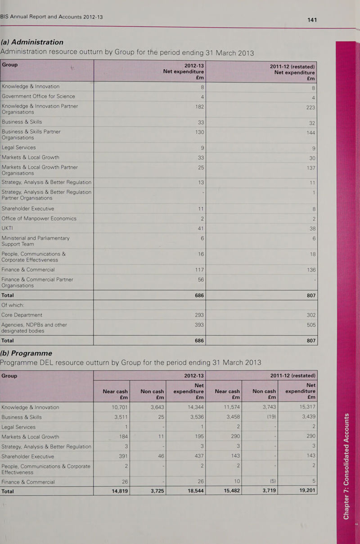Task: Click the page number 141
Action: coord(312,20)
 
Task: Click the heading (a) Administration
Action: coord(32,42)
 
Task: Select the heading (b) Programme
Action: coord(26,353)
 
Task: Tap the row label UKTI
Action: coord(7,228)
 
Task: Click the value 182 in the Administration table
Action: coord(199,107)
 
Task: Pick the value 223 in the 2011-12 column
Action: coord(310,107)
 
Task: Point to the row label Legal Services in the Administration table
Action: coord(19,147)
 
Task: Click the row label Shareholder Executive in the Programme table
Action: coord(28,456)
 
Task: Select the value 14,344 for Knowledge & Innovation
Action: coord(196,407)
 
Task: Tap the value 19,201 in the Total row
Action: coord(307,490)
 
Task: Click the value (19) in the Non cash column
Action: coord(271,417)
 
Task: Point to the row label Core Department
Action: coord(22,315)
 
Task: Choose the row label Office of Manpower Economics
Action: coord(39,218)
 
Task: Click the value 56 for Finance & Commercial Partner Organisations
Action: coord(201,280)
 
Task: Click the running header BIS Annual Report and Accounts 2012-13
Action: coord(52,17)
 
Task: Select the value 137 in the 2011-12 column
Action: coord(311,168)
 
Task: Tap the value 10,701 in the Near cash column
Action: coord(120,407)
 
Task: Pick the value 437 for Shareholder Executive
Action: coord(199,456)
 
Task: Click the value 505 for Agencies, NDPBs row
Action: coord(311,325)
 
